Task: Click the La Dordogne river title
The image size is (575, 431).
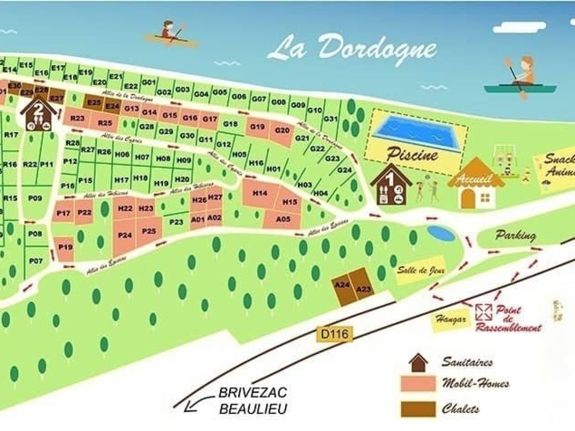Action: coord(352,49)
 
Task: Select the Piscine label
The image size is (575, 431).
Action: coord(412,155)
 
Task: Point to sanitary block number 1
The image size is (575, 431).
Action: coord(391,185)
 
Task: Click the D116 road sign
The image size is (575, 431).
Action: coord(334,333)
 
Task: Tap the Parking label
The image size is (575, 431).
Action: coord(516,236)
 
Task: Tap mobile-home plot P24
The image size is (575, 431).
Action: coord(125,236)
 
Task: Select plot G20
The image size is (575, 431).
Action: coord(282,130)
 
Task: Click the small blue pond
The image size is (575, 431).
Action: coord(441,233)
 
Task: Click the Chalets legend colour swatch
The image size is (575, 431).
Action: coord(418,409)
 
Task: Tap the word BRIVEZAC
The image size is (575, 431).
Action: coord(253,393)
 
